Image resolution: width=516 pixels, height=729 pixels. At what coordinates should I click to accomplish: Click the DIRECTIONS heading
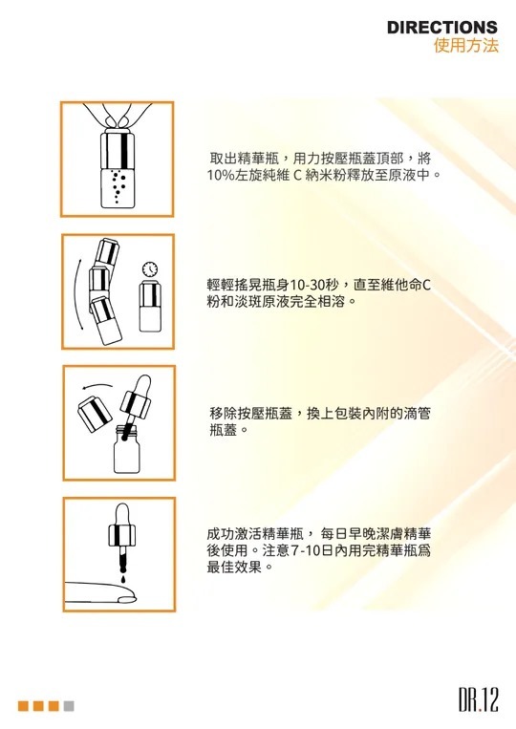[442, 28]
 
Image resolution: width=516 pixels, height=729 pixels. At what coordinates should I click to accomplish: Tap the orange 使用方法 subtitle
[466, 45]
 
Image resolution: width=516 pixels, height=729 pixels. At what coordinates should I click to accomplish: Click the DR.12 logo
[479, 700]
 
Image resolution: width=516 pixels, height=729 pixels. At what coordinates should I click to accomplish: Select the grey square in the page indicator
[69, 706]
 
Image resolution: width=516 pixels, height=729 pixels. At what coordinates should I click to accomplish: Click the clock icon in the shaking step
[150, 268]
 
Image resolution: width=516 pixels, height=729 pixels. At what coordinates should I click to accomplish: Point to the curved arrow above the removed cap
[97, 385]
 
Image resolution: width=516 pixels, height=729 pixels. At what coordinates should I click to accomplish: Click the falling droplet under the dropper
[122, 579]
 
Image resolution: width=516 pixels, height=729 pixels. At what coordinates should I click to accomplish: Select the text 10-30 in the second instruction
[307, 284]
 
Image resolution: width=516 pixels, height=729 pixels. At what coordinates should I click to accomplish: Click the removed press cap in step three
[95, 414]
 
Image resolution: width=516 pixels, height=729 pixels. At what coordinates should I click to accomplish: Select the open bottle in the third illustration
[126, 449]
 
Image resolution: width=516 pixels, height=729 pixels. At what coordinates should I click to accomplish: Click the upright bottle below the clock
[150, 307]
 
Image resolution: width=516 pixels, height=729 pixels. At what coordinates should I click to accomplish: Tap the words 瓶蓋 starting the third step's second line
[224, 430]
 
